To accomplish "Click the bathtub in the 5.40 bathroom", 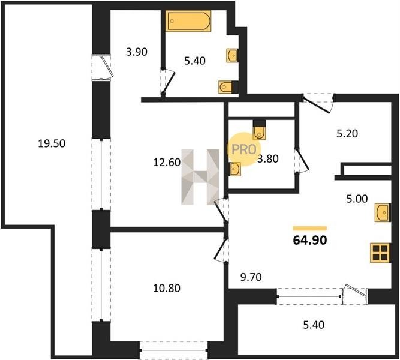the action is [188, 20].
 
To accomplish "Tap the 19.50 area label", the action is [52, 143].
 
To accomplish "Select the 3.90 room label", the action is [137, 52].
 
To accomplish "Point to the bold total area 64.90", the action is [310, 241].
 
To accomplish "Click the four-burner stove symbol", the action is [380, 253].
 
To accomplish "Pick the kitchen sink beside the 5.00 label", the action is [382, 212].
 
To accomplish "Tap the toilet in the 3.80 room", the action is [259, 130].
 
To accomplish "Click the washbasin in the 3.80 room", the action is [235, 169].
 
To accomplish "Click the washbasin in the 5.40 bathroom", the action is [232, 55].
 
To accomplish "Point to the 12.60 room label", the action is [167, 163].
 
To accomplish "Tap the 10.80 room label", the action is [167, 288].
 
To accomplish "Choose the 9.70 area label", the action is [251, 277].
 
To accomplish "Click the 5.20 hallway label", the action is [347, 134].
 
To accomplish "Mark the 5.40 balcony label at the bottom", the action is [314, 325].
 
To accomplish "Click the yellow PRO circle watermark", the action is [244, 149].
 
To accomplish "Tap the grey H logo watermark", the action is [200, 177].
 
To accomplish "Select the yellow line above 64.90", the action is [309, 228].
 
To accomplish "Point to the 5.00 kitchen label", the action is [357, 199].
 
